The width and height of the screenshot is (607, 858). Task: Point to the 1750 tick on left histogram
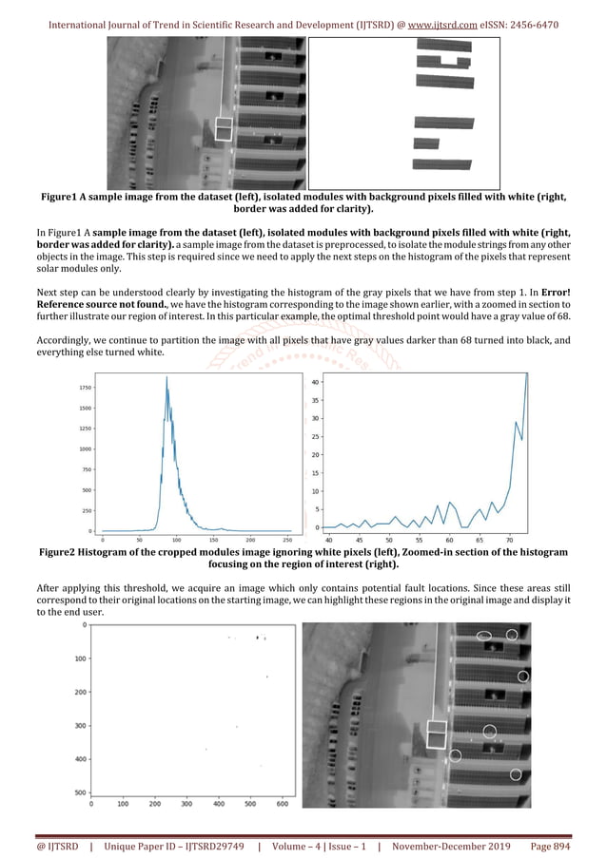pos(86,388)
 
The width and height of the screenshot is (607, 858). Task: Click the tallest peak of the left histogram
pos(166,378)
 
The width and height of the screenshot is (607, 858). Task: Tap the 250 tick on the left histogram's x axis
pos(287,538)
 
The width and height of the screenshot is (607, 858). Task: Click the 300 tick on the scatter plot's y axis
pos(80,726)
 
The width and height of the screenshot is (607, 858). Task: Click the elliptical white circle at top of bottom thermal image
pos(484,636)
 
